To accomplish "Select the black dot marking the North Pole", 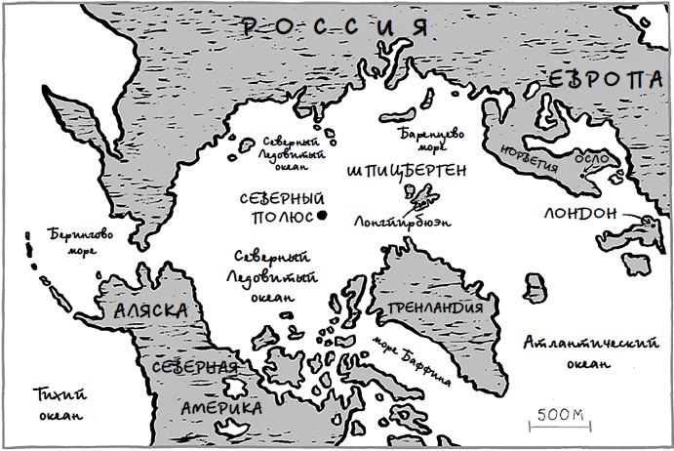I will (x=321, y=217).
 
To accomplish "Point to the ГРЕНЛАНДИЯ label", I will (x=436, y=309).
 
